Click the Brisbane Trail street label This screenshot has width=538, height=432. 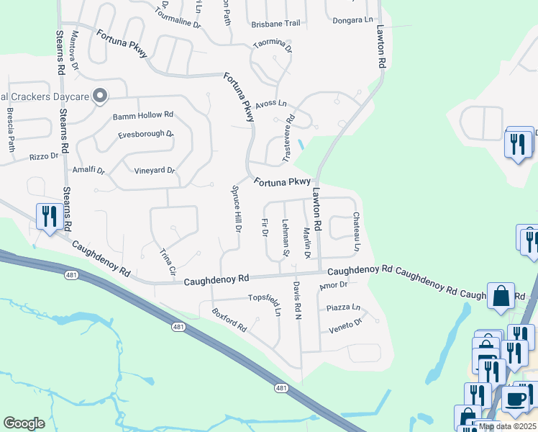coord(275,24)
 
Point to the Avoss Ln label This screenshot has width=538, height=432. coord(270,104)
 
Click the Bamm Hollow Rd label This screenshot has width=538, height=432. coord(143,114)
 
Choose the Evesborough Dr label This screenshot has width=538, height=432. coord(146,134)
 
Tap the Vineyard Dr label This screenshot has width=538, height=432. coord(155,171)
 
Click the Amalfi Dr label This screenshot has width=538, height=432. coord(89,171)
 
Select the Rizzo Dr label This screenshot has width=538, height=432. coord(43,156)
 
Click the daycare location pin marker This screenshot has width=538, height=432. coord(100,95)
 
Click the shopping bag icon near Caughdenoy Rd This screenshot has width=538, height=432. coord(501,294)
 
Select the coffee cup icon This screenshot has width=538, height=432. coord(514,400)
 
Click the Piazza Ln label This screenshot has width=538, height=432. coord(343,307)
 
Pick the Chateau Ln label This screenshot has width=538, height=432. coord(356,231)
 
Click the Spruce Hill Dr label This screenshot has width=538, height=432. coord(236,209)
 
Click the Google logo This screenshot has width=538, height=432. coord(24,423)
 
